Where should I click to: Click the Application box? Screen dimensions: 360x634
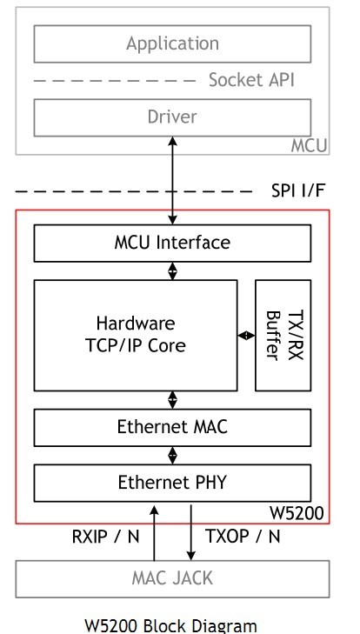(172, 43)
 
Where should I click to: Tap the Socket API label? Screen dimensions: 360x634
(251, 80)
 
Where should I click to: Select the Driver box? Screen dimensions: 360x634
(172, 117)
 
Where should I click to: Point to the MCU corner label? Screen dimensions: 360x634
(309, 145)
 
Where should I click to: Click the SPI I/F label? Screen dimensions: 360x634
(297, 190)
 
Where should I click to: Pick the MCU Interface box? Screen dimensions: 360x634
(172, 243)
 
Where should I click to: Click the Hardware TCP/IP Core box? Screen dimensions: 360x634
(136, 335)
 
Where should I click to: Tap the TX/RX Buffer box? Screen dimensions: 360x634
(283, 335)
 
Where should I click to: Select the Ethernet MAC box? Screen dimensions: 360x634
(172, 427)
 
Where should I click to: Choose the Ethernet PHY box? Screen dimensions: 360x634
(172, 483)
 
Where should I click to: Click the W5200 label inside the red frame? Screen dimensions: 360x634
(297, 513)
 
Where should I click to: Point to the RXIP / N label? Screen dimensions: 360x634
(105, 537)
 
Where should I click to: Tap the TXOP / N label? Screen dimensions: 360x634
(243, 536)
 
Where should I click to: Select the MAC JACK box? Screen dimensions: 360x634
(172, 579)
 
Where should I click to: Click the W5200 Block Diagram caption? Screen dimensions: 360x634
(170, 625)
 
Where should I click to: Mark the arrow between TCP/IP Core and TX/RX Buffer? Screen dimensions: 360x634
(246, 335)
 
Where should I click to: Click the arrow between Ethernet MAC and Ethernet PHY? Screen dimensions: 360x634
(172, 456)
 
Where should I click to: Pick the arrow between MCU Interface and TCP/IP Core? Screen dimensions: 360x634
(172, 270)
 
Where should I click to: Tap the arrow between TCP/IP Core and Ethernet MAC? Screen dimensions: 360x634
(172, 400)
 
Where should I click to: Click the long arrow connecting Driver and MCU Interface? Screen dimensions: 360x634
(172, 180)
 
